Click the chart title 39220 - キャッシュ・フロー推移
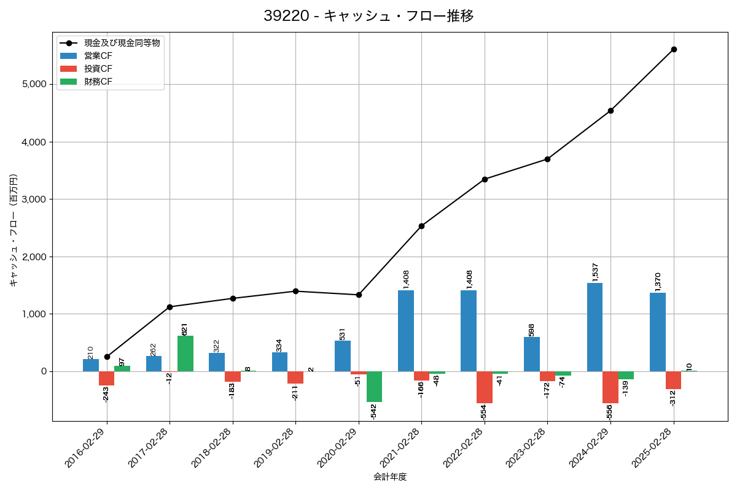click(368, 16)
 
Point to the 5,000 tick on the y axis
click(34, 85)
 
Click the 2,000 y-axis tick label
click(34, 257)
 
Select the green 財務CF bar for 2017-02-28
click(185, 354)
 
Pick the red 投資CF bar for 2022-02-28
click(485, 387)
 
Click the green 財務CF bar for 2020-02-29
click(374, 387)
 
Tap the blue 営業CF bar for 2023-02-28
click(532, 354)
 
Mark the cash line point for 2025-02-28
click(674, 49)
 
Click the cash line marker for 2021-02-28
click(421, 226)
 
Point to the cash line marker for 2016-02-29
click(107, 357)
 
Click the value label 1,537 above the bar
click(595, 272)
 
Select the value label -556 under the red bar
click(609, 412)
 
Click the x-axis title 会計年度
click(390, 477)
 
